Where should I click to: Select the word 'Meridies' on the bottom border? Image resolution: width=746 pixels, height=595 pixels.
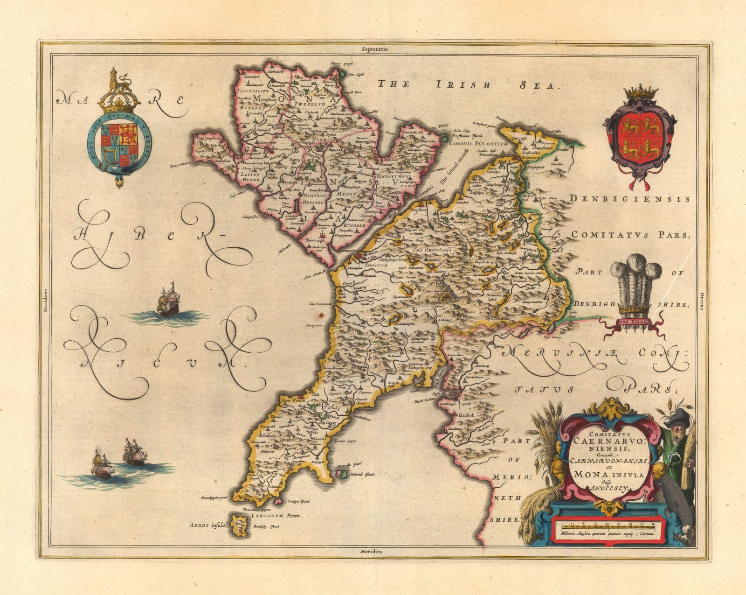click(371, 551)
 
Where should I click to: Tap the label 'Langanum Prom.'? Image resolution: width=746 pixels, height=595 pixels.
click(276, 516)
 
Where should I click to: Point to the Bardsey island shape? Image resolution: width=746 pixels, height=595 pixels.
click(242, 525)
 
